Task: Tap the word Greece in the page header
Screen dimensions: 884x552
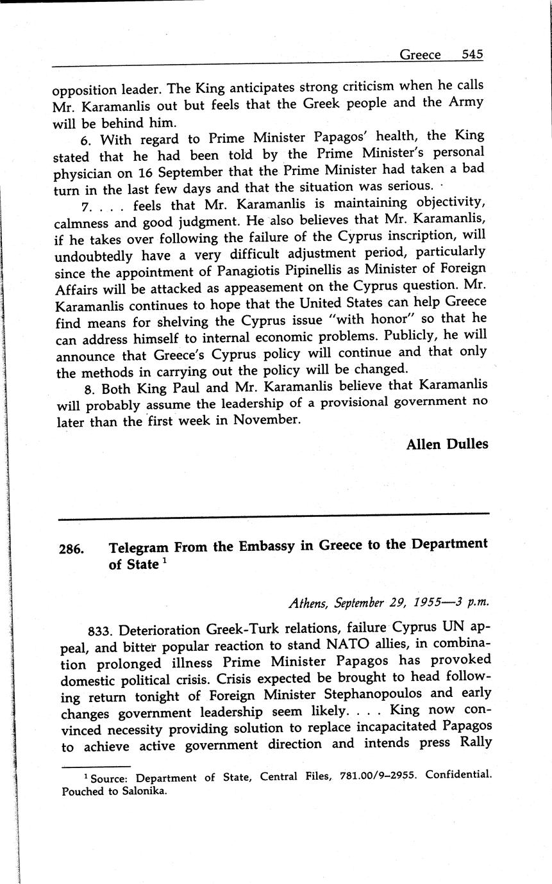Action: coord(420,55)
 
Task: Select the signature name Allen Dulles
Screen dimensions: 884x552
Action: coord(447,444)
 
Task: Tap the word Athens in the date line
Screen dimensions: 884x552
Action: coord(308,603)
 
